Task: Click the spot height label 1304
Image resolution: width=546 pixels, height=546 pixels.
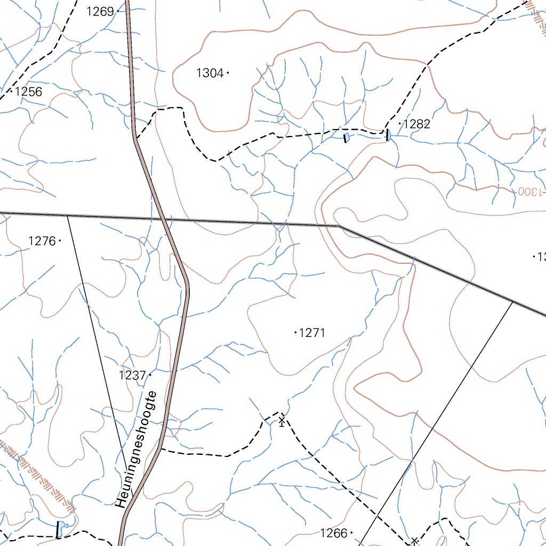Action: pos(210,73)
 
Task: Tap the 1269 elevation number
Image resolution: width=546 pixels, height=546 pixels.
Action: pos(100,11)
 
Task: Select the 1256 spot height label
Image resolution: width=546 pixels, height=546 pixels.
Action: pos(28,92)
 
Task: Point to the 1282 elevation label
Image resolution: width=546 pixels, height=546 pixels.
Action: pos(416,124)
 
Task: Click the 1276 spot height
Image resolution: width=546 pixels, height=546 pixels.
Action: pos(42,242)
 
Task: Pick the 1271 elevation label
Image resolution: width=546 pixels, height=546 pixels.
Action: pos(312,333)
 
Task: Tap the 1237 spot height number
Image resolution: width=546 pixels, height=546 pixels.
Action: pos(132,375)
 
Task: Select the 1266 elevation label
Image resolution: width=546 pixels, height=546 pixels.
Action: pos(333,533)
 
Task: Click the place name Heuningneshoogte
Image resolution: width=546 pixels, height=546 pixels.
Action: pos(137,449)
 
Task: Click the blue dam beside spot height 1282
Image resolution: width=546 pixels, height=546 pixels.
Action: pos(388,135)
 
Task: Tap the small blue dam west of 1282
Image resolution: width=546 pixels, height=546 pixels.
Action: pos(347,138)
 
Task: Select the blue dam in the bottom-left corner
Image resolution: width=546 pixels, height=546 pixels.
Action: pos(62,529)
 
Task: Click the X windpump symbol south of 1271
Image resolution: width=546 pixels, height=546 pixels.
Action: pos(282,421)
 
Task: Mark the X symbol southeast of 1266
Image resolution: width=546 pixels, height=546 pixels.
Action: pos(414,541)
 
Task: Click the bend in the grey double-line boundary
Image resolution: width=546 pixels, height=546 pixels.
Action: pos(339,226)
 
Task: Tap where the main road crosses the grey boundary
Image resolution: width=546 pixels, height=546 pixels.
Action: pos(166,219)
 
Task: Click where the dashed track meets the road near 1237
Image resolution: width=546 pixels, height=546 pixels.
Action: pos(161,449)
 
